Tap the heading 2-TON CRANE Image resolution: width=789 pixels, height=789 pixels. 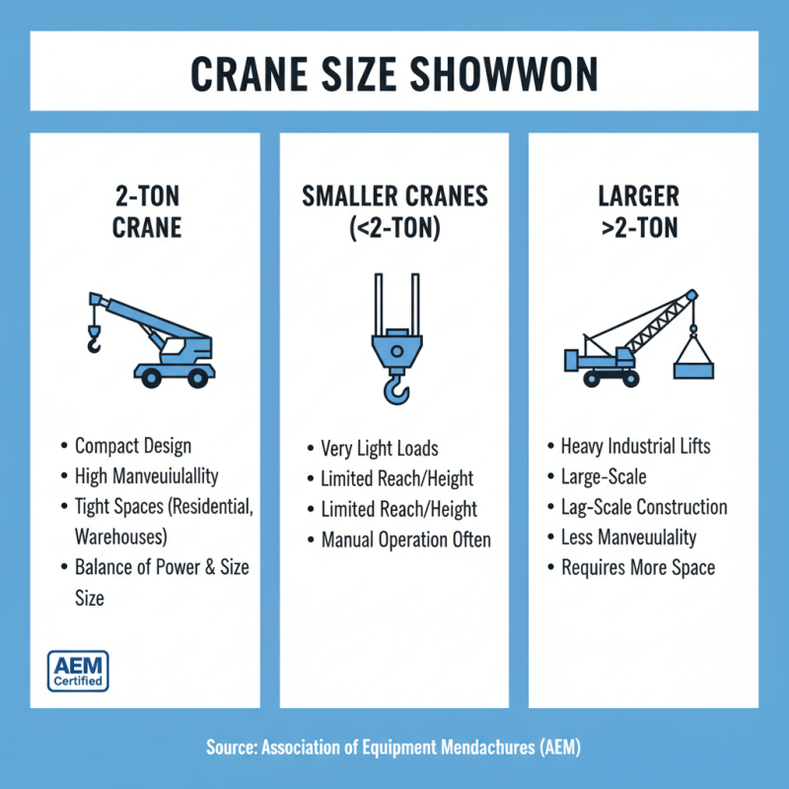tap(146, 211)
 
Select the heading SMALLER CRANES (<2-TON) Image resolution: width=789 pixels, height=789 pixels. tap(394, 211)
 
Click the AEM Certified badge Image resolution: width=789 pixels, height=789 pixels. tap(78, 671)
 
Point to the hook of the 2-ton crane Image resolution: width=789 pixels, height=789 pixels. tap(94, 342)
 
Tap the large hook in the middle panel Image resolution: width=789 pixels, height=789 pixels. tap(394, 385)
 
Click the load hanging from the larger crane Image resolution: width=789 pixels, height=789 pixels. tap(693, 364)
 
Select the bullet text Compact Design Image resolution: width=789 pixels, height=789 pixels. tap(133, 447)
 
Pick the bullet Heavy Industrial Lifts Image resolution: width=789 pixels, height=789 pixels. tap(635, 447)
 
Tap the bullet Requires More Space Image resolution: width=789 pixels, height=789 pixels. tap(638, 567)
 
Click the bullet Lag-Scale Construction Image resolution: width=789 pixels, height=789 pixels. tap(644, 507)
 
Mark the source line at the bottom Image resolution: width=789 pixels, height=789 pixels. tap(394, 748)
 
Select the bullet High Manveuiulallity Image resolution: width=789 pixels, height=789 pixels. tap(147, 476)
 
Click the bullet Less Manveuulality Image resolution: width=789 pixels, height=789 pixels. tap(628, 538)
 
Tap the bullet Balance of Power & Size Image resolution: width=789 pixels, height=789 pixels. tap(162, 567)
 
